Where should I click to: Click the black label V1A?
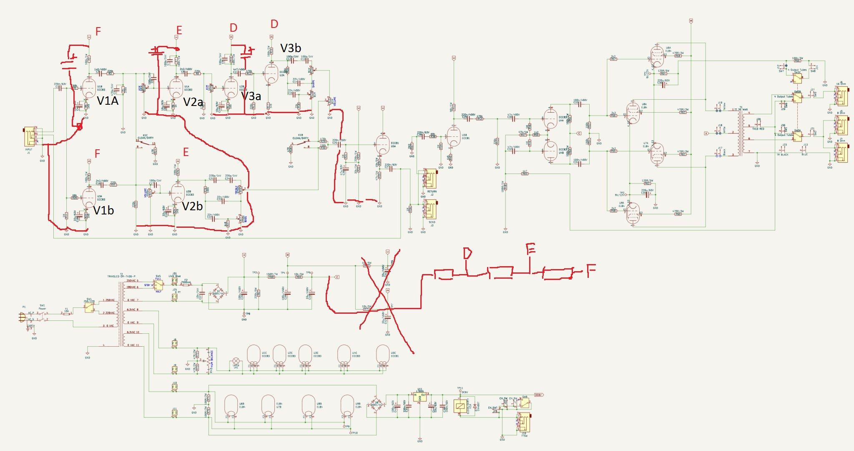tap(107, 101)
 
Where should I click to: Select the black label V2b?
tap(192, 206)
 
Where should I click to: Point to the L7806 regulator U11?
tap(419, 397)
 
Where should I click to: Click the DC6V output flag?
tap(538, 395)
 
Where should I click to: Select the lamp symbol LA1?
tap(236, 361)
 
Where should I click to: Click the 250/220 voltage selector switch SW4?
tap(89, 308)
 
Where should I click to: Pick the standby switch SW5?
tap(158, 285)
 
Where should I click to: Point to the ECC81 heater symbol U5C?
tap(382, 356)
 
